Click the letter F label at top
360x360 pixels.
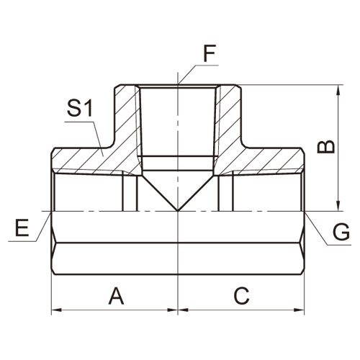pyautogui.click(x=210, y=53)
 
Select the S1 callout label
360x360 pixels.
pyautogui.click(x=80, y=108)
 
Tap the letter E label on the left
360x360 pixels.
pyautogui.click(x=22, y=228)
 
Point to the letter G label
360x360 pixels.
pyautogui.click(x=341, y=232)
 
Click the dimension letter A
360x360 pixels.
pyautogui.click(x=117, y=296)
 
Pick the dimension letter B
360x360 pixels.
pyautogui.click(x=325, y=147)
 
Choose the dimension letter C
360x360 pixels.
pyautogui.click(x=242, y=296)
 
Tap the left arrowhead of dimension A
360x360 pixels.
pyautogui.click(x=56, y=310)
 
